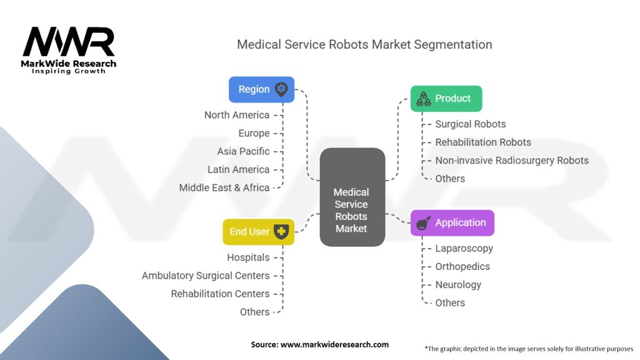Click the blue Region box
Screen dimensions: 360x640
point(261,89)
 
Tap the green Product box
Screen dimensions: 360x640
point(446,99)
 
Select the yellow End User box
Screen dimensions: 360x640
point(258,232)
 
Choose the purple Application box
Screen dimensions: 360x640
point(452,223)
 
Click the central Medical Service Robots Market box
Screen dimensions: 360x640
point(352,210)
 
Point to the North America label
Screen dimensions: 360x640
point(237,115)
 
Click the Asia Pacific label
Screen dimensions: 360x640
point(243,151)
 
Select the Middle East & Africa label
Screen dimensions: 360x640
point(224,187)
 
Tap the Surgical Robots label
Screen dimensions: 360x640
point(471,124)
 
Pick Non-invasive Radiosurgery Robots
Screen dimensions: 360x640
point(512,160)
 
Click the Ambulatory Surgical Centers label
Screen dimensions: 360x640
point(206,276)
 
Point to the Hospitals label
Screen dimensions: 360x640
point(248,257)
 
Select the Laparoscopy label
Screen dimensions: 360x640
point(464,248)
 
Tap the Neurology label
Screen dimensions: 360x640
point(458,284)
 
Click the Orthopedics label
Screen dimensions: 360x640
point(462,266)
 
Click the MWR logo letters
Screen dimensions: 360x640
point(69,42)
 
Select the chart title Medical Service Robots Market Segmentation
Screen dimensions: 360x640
point(364,44)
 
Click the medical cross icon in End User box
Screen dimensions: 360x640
point(281,231)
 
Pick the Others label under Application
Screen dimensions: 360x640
point(450,302)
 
